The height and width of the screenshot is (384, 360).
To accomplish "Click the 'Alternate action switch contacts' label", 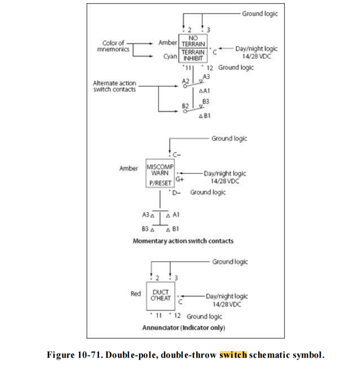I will click(x=114, y=86).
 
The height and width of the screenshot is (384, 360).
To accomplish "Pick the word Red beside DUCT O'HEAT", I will click(x=136, y=294).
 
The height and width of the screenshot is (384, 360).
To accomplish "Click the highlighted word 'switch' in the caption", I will click(x=233, y=355).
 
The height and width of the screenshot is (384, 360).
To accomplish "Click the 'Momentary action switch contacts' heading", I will click(x=183, y=241).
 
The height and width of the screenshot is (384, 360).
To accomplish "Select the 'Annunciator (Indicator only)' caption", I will click(x=183, y=328).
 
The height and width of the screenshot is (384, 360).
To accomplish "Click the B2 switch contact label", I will click(x=185, y=106).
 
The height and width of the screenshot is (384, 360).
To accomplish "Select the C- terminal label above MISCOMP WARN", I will click(x=177, y=155).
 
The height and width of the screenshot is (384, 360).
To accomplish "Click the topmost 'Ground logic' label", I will click(x=260, y=14).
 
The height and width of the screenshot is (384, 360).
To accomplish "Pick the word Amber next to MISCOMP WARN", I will click(x=128, y=168).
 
